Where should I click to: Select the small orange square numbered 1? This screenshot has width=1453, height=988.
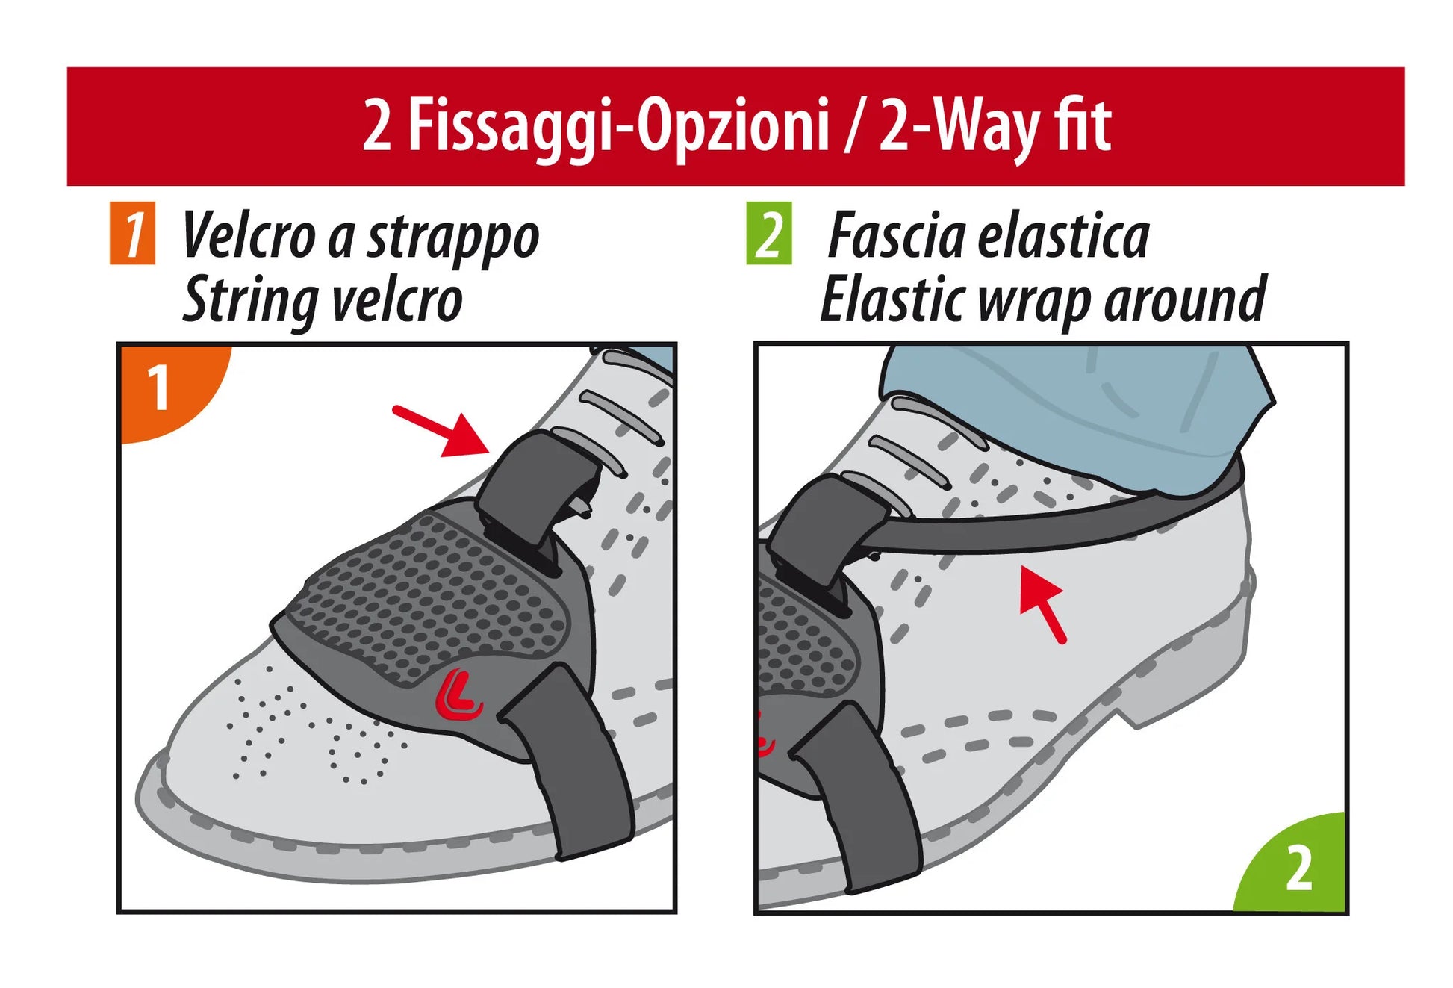[x=132, y=233]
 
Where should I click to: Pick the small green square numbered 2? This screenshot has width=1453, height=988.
[x=769, y=233]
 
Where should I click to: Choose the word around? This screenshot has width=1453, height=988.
[x=1185, y=299]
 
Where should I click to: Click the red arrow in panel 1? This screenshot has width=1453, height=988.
[x=441, y=430]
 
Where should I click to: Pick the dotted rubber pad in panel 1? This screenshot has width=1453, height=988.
[x=429, y=597]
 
